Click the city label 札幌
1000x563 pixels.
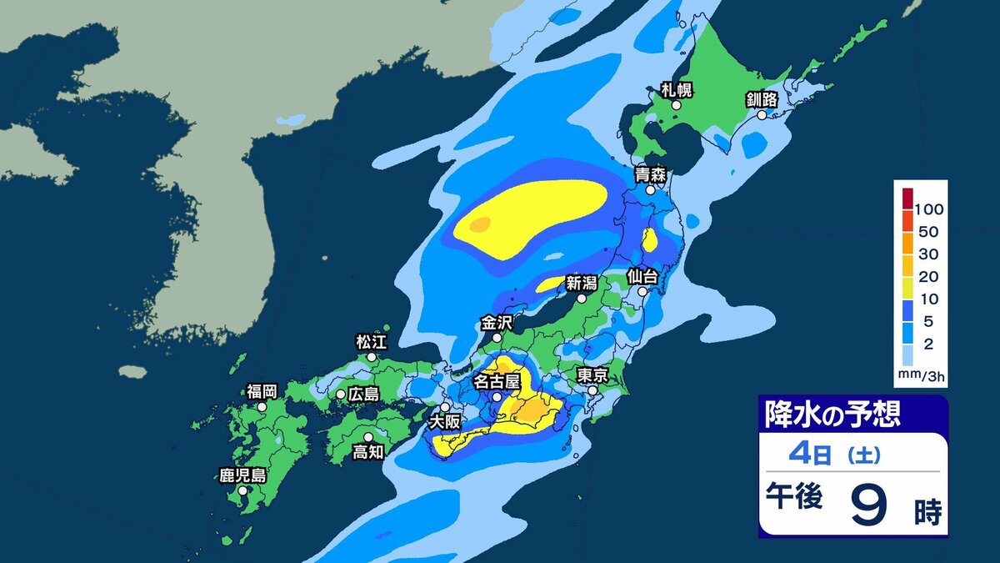pos(676,90)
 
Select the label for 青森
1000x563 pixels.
pos(649,175)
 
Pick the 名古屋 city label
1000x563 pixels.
pos(497,382)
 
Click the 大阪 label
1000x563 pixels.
pos(445,422)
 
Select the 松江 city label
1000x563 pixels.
pos(372,341)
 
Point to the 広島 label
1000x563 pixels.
pos(363,393)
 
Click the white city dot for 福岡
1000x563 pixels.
pos(262,407)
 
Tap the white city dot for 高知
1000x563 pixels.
pos(367,436)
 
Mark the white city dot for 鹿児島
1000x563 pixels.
pos(242,491)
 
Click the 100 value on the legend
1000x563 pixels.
pos(928,208)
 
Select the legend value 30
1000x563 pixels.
pos(927,254)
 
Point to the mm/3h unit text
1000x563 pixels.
pos(922,376)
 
